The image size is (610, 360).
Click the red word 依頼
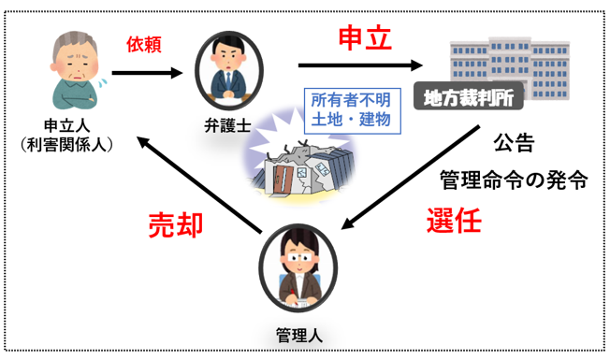[x=143, y=45]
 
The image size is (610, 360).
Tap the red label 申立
[x=365, y=38]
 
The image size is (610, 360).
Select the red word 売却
[x=176, y=224]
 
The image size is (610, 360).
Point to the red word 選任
[x=454, y=221]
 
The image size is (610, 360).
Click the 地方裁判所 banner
[x=469, y=96]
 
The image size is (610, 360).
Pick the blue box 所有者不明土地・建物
[x=352, y=110]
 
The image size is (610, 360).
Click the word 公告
[x=514, y=143]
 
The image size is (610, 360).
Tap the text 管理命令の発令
[x=514, y=180]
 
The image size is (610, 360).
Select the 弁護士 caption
[x=228, y=125]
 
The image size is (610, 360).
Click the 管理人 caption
[x=299, y=335]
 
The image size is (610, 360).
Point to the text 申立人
[x=67, y=125]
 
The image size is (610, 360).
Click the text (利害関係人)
[x=67, y=145]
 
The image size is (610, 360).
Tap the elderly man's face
[x=75, y=62]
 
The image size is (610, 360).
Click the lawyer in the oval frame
[x=228, y=71]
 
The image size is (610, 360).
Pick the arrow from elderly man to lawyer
[x=147, y=72]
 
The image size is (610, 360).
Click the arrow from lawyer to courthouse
[x=360, y=65]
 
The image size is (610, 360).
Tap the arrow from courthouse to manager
[x=410, y=178]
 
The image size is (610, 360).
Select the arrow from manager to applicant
[x=199, y=185]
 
